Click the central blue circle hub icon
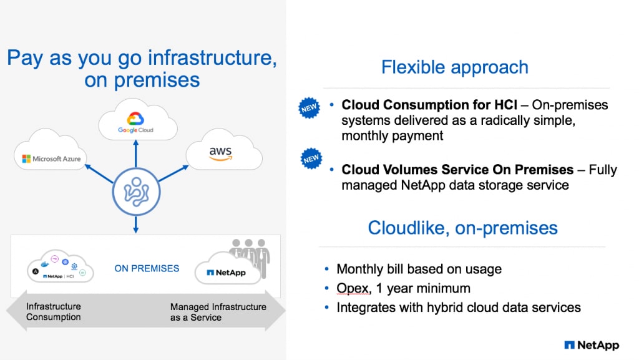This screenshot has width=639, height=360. tap(137, 190)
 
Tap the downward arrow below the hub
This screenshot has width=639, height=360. tap(137, 223)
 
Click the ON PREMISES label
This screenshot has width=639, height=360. tap(147, 269)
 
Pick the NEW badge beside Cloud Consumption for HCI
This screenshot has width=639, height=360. tap(310, 107)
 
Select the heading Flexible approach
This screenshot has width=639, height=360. tap(454, 67)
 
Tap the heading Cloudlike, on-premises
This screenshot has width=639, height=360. tap(462, 227)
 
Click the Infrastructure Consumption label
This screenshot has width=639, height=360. tap(54, 312)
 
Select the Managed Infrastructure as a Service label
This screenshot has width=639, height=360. tap(218, 312)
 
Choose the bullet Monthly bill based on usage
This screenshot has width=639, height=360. tap(419, 270)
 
